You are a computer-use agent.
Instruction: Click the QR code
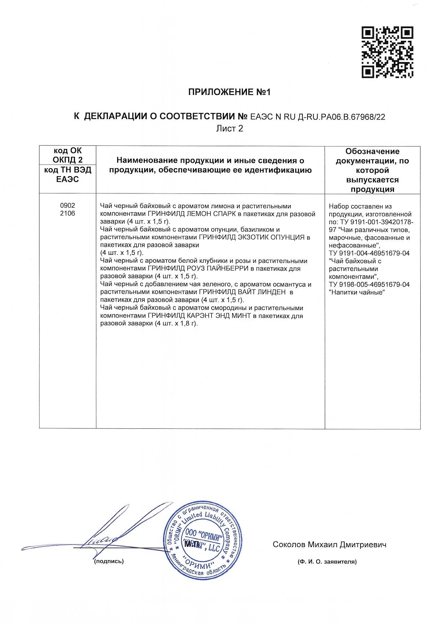387,52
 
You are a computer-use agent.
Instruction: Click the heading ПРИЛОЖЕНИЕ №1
229,92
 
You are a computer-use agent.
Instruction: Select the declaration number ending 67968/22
318,117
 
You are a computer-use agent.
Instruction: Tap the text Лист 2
229,128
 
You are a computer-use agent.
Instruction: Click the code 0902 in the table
67,205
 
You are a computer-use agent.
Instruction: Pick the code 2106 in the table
67,213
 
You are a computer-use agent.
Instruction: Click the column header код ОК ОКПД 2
67,155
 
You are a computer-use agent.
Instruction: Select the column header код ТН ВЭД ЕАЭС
67,175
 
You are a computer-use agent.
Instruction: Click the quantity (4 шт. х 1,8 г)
176,323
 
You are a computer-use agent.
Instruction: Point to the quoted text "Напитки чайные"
357,292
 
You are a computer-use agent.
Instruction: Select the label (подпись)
109,562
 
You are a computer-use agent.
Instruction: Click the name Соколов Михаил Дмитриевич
329,545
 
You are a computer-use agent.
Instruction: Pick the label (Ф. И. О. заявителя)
327,562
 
